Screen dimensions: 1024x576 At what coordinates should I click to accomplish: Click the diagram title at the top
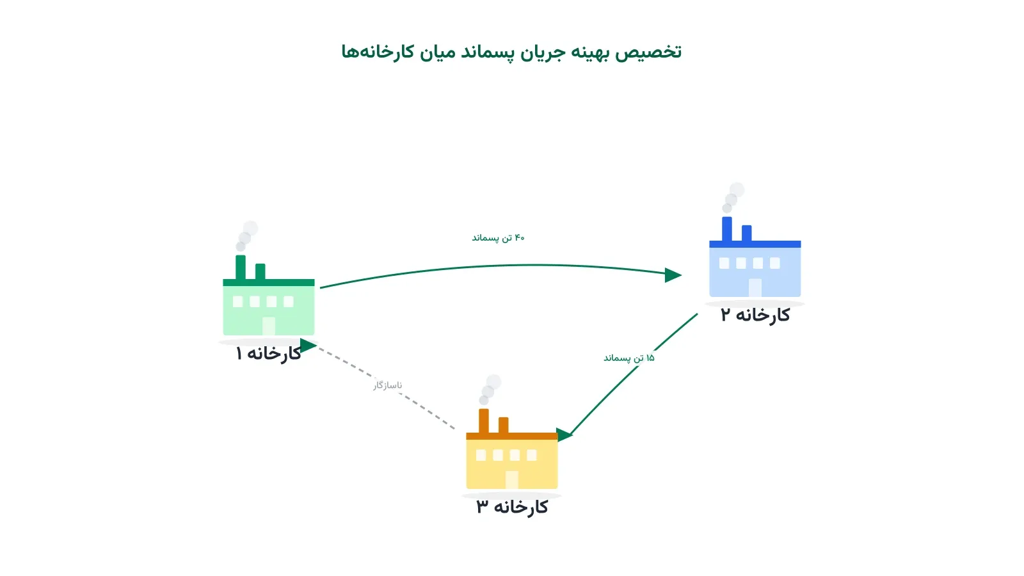[511, 52]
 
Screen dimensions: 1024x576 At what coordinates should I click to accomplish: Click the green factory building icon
[269, 295]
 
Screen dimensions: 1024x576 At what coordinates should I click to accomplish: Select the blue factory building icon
[755, 257]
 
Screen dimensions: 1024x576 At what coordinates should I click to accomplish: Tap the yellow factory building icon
[512, 449]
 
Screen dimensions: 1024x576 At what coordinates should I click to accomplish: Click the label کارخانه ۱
[268, 353]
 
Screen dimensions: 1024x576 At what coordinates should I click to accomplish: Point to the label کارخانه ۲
[755, 315]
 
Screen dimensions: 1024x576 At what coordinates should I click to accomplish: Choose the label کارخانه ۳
[512, 507]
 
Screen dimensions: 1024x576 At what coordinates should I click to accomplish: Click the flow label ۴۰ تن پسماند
[499, 237]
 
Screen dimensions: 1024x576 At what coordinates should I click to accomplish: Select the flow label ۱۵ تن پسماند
[629, 358]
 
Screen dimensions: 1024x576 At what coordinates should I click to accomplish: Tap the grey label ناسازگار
[388, 385]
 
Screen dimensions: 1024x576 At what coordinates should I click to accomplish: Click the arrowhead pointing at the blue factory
[673, 275]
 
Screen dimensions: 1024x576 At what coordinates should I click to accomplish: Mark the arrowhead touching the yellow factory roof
[564, 435]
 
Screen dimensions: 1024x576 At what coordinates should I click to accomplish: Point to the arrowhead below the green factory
[308, 346]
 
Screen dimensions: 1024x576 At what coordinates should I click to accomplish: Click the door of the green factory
[269, 326]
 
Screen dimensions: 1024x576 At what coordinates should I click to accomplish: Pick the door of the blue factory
[755, 287]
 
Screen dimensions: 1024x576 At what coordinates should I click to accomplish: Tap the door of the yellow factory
[512, 479]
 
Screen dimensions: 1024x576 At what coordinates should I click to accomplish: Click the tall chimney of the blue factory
[727, 229]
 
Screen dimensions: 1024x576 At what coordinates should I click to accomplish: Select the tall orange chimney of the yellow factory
[484, 421]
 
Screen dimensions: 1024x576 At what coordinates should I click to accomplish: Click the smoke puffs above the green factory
[247, 236]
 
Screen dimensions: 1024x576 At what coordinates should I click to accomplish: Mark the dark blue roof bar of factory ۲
[755, 244]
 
